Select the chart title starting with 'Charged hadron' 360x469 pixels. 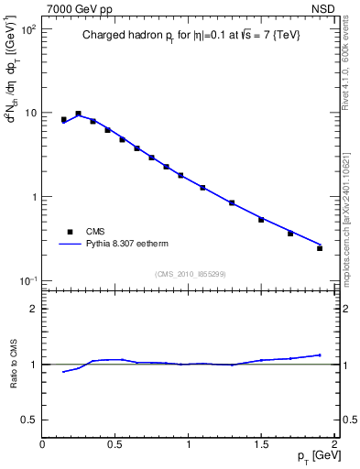(x=190, y=34)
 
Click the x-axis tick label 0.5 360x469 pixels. (x=115, y=444)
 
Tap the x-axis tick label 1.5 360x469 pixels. (x=261, y=444)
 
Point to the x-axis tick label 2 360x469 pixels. (x=334, y=444)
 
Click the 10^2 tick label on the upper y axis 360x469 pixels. (x=27, y=29)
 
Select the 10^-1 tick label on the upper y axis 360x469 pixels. (x=27, y=280)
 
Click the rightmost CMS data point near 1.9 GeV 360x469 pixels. (x=320, y=248)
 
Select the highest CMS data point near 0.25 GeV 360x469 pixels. (x=78, y=114)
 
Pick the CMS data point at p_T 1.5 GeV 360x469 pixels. (x=261, y=220)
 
